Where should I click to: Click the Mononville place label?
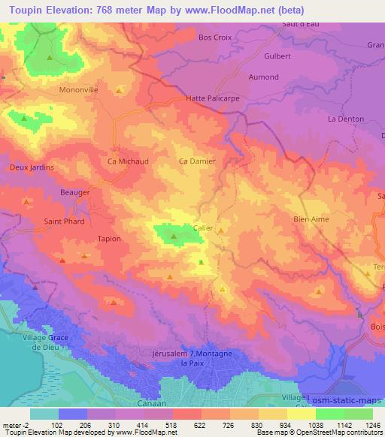tap(79, 89)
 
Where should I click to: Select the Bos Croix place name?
tap(215, 37)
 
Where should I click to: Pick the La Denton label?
tap(346, 119)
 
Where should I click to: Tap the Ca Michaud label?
tap(128, 161)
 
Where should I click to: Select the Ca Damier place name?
tap(197, 161)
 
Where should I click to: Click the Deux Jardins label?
tap(32, 167)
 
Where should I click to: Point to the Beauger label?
tap(75, 193)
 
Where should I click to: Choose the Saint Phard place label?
tap(64, 222)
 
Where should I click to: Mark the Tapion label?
tap(109, 239)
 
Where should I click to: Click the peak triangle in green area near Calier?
tap(174, 237)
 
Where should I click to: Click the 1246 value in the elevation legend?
tap(372, 424)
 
